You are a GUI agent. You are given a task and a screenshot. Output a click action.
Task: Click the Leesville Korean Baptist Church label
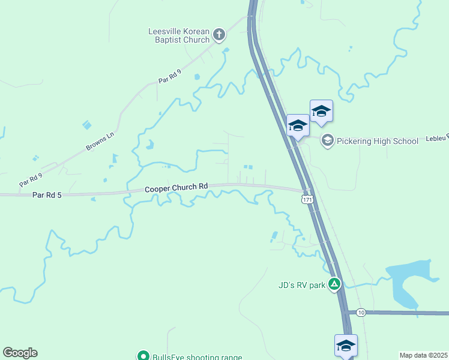pos(179,35)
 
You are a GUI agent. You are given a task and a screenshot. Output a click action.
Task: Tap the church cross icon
pos(219,34)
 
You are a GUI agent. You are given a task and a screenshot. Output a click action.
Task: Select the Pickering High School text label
pos(377,141)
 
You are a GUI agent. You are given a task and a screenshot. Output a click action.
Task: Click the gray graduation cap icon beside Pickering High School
pos(328,141)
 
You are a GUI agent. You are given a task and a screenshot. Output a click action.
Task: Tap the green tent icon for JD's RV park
pos(334,284)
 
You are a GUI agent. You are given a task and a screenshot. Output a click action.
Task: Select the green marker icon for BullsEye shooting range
pos(143,356)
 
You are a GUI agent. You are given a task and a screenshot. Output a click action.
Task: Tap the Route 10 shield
pos(360,313)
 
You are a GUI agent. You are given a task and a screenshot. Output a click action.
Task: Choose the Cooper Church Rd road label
pos(176,188)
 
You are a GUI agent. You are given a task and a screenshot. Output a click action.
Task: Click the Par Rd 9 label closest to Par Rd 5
pos(31,179)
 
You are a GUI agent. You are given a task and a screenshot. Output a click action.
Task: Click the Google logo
pos(20,353)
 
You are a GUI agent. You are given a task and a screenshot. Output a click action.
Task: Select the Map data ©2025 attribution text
pos(423,355)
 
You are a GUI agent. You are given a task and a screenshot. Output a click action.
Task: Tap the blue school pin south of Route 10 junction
pos(346,345)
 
